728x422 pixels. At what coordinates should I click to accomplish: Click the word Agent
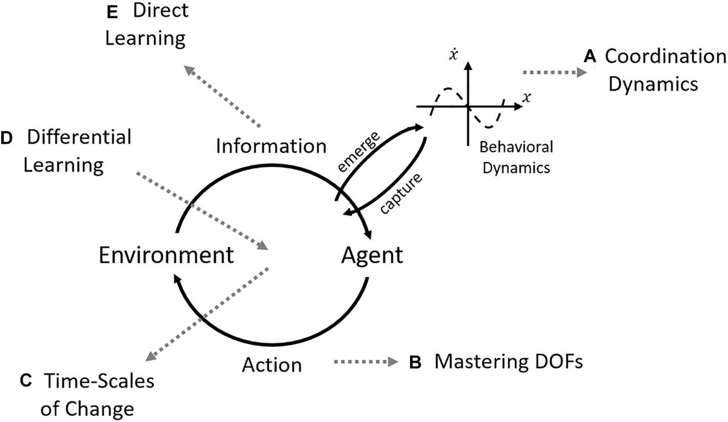tap(371, 256)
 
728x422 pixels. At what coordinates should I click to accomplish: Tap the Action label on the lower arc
tap(272, 364)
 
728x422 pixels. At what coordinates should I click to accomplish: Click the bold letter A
tap(588, 57)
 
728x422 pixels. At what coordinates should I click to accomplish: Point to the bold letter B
tap(416, 363)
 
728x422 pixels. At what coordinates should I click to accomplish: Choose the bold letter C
tap(26, 381)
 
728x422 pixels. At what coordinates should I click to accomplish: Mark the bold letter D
tap(7, 139)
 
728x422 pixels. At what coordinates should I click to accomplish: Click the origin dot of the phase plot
tap(467, 107)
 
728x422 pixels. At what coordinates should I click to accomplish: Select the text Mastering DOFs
tap(508, 363)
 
